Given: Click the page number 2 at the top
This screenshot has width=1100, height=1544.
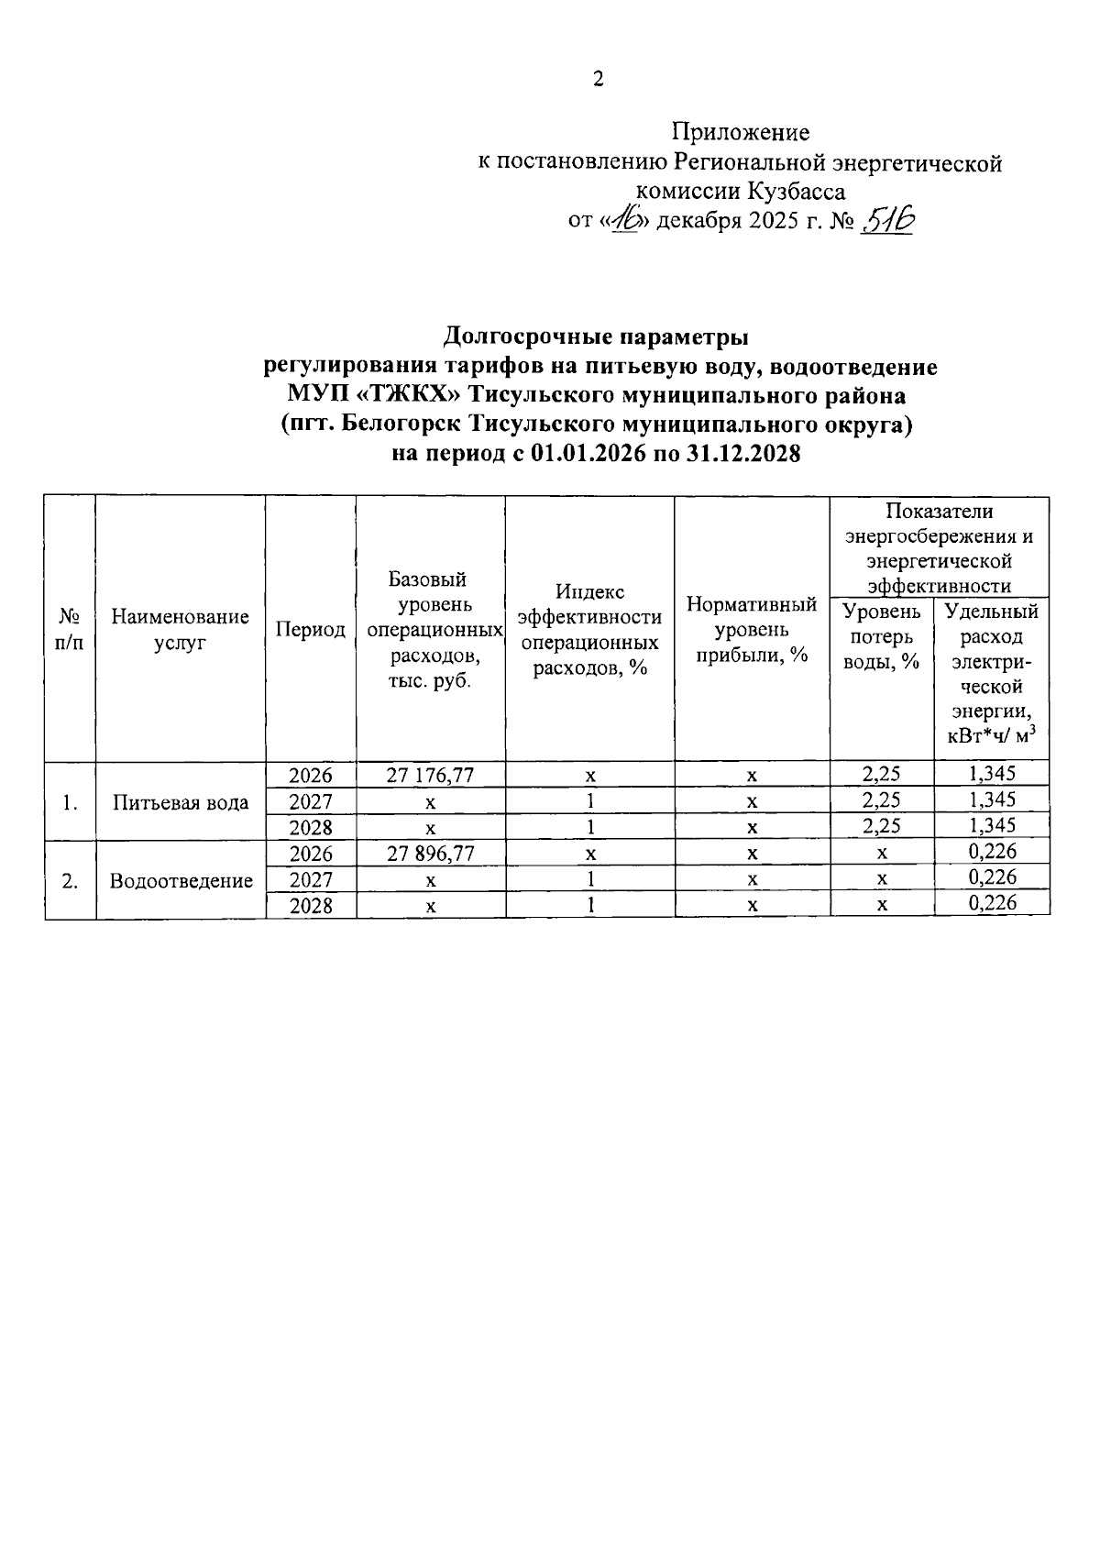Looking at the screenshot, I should pyautogui.click(x=598, y=80).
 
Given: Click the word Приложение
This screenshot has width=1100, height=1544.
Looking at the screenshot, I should pyautogui.click(x=741, y=133).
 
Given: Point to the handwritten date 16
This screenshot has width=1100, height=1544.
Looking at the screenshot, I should pyautogui.click(x=626, y=220).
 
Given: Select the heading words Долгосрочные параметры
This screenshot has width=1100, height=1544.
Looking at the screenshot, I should pyautogui.click(x=596, y=337).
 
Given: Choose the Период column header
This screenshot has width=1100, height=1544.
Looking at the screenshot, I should pyautogui.click(x=311, y=630).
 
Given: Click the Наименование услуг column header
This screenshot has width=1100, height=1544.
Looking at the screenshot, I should pyautogui.click(x=180, y=629).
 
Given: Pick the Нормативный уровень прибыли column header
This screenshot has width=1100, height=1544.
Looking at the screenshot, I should pyautogui.click(x=752, y=630).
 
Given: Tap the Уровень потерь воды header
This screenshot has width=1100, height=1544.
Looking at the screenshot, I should pyautogui.click(x=882, y=636).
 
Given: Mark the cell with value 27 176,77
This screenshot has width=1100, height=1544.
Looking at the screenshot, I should pyautogui.click(x=430, y=776).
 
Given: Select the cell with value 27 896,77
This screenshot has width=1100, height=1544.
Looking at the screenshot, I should pyautogui.click(x=430, y=854).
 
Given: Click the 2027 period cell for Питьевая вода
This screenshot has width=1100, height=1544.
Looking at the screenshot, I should pyautogui.click(x=311, y=801).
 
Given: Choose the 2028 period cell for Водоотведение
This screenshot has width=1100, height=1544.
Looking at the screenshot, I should pyautogui.click(x=311, y=906).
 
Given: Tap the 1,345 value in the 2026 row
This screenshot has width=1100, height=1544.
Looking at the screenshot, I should pyautogui.click(x=992, y=774).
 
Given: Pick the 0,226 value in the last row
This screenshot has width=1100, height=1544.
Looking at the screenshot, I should pyautogui.click(x=992, y=904).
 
